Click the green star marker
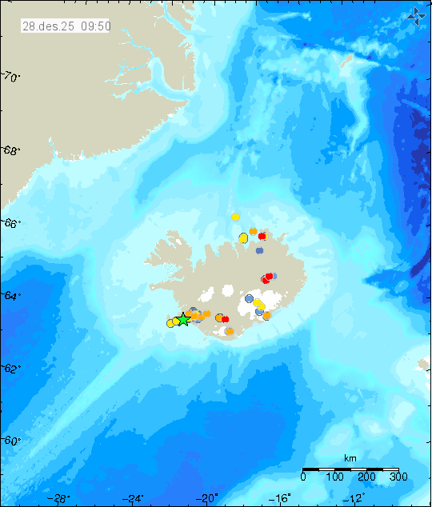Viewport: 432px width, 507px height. pyautogui.click(x=183, y=319)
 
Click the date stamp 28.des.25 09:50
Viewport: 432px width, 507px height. pyautogui.click(x=66, y=26)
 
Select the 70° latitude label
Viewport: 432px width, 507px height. pyautogui.click(x=11, y=78)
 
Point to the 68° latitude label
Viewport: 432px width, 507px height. pyautogui.click(x=11, y=150)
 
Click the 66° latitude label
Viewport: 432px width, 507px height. pyautogui.click(x=11, y=224)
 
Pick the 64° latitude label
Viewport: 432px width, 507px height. pyautogui.click(x=11, y=297)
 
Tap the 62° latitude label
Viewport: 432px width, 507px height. pyautogui.click(x=11, y=369)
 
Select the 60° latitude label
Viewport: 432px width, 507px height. pyautogui.click(x=11, y=441)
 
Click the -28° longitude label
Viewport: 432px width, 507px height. pyautogui.click(x=58, y=499)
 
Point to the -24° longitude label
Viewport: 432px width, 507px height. pyautogui.click(x=134, y=499)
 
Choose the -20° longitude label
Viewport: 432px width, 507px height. pyautogui.click(x=208, y=499)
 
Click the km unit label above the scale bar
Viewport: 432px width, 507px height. pyautogui.click(x=350, y=457)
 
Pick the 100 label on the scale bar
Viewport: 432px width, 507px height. pyautogui.click(x=334, y=477)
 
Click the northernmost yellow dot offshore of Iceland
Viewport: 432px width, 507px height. pyautogui.click(x=235, y=217)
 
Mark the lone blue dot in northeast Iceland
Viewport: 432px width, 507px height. pyautogui.click(x=260, y=250)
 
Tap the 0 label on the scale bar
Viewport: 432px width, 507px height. pyautogui.click(x=303, y=477)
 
